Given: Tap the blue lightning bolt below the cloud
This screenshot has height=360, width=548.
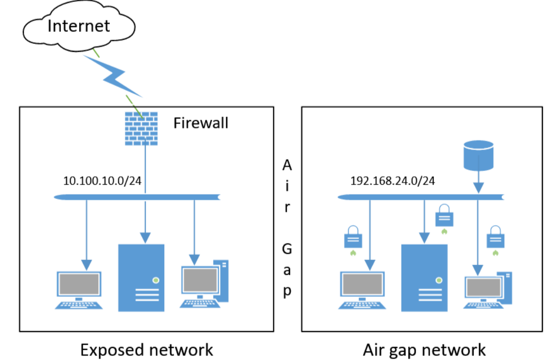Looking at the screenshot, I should coord(113,76).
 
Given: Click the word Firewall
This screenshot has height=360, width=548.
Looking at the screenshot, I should coord(201,122).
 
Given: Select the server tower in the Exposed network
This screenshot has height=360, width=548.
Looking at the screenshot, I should coord(141,277).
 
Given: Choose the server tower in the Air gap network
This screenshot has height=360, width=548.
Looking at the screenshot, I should coord(424,277).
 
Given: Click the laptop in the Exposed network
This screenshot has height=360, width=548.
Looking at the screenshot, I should coord(79,290).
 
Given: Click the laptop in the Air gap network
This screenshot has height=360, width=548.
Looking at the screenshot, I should coord(363,290).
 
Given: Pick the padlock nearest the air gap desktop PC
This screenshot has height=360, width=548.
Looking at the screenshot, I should coord(496,236).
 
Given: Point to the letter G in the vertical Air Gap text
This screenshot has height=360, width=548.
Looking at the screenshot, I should coord(287,249).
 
